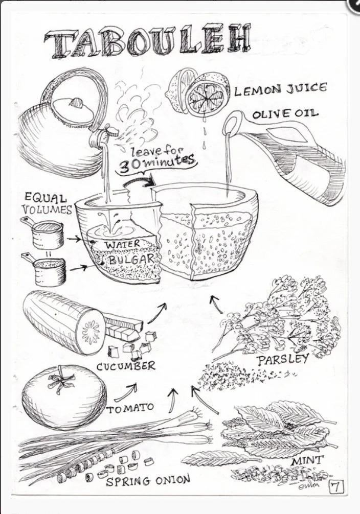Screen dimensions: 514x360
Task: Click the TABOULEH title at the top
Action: (148, 40)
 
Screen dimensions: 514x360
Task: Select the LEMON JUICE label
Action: (280, 90)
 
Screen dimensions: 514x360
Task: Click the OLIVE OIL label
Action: (285, 113)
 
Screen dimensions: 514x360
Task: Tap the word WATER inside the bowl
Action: (122, 245)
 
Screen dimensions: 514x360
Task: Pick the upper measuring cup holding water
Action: (46, 234)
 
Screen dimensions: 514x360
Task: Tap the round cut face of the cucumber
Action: (91, 331)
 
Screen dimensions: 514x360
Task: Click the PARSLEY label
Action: (283, 359)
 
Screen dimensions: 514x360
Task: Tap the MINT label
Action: (307, 461)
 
